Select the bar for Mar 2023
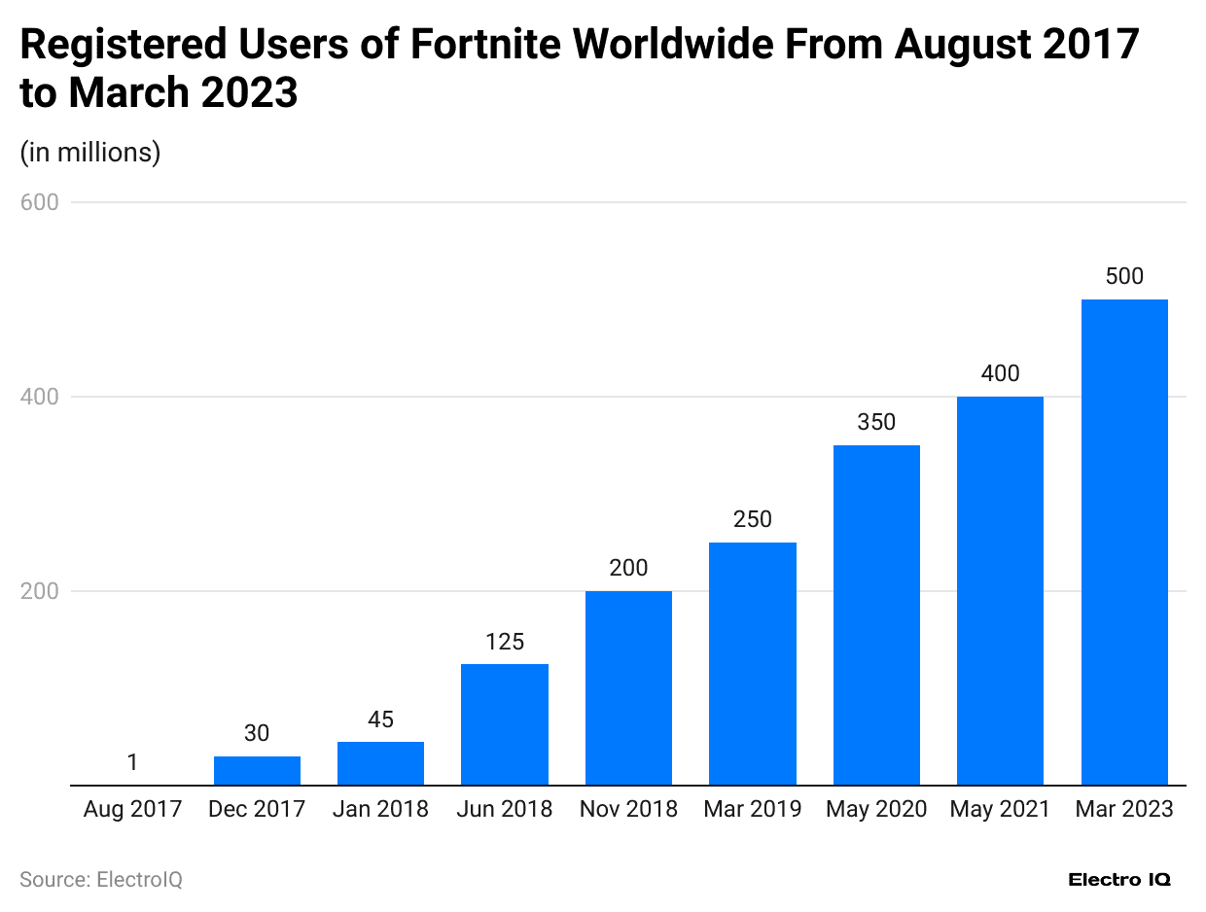[x=1124, y=542]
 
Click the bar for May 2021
[x=1000, y=590]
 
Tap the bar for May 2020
[x=876, y=614]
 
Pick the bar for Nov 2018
[x=628, y=687]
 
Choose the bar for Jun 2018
[x=504, y=724]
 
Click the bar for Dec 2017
[x=257, y=770]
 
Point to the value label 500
[x=1124, y=276]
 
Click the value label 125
[x=504, y=642]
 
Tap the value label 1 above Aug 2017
[x=132, y=762]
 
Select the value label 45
[x=380, y=719]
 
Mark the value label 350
[x=876, y=422]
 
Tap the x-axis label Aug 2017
[x=132, y=809]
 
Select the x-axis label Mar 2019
[x=752, y=809]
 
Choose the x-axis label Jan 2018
[x=380, y=809]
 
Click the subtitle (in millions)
[x=90, y=153]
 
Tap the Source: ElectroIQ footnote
[x=101, y=880]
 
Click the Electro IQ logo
[x=1119, y=880]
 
